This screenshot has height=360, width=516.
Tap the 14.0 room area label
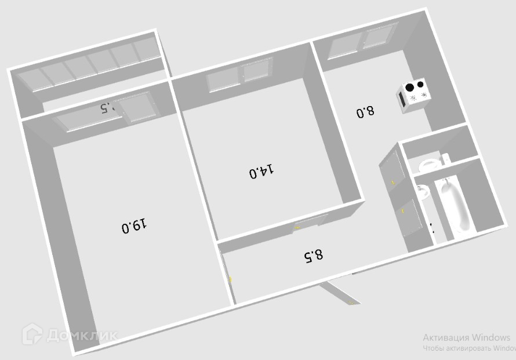coord(261,172)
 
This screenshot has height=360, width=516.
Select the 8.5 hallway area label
coord(313,255)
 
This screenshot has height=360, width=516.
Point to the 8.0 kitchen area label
coord(365,111)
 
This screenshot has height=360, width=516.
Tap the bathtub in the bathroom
coord(455,206)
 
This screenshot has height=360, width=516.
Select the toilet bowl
coord(430,164)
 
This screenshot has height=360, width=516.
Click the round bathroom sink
coord(422,192)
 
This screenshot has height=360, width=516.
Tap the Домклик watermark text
coord(82,335)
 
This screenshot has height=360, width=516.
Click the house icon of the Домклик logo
coord(32,334)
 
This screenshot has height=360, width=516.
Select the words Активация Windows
coord(466,337)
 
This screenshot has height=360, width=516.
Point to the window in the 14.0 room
coord(239,77)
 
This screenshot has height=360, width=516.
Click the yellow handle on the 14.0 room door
coord(297,228)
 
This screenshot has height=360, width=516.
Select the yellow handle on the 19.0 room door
coord(231,279)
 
